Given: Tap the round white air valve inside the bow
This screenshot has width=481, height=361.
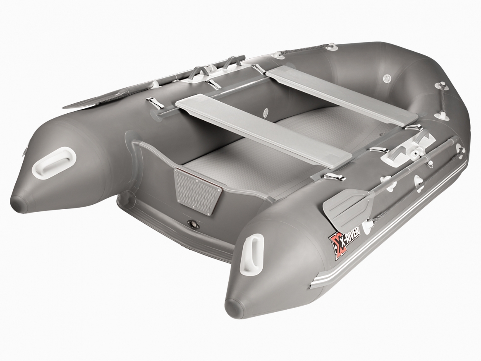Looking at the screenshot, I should point(387,77).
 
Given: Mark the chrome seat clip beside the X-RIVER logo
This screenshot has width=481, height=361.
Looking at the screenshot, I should point(334,177).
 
